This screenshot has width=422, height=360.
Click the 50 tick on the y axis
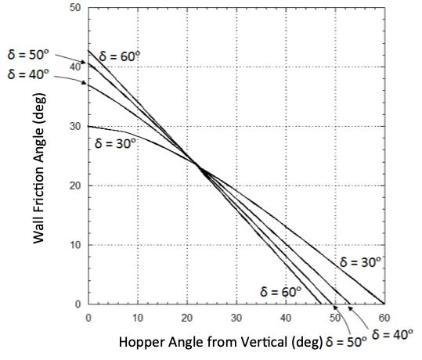click(x=75, y=8)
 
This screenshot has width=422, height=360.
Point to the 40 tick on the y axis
click(x=75, y=67)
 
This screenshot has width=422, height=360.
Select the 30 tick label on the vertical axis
click(x=75, y=127)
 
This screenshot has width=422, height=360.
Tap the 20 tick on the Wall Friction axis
click(x=75, y=185)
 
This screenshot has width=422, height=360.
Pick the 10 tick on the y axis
click(x=75, y=245)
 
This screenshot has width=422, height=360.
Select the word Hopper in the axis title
click(x=140, y=342)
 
